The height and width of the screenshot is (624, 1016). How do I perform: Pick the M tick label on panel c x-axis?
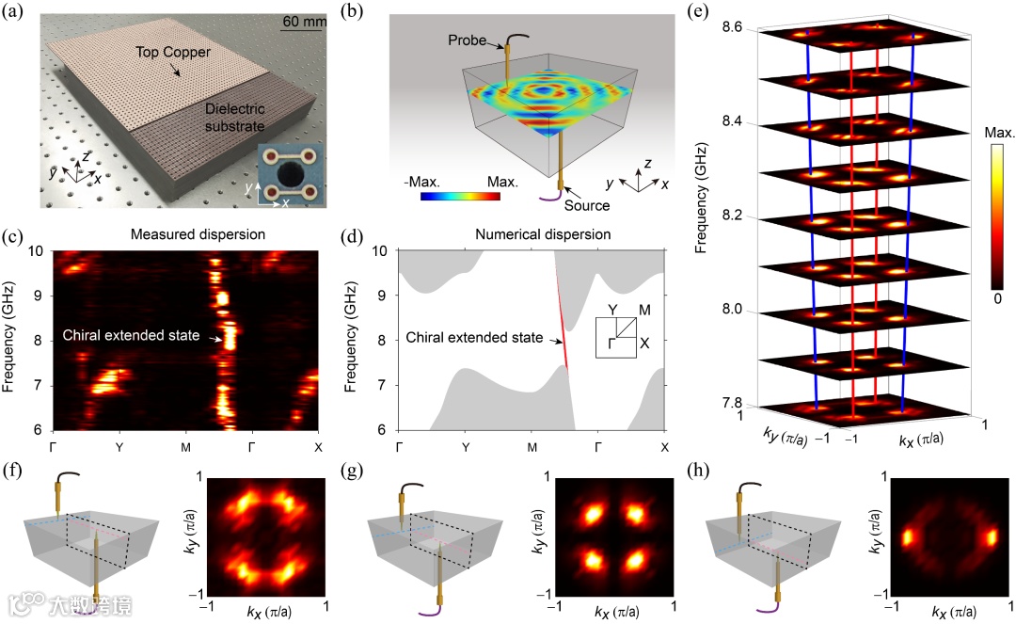(185, 446)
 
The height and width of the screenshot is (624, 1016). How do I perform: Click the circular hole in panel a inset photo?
(282, 176)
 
